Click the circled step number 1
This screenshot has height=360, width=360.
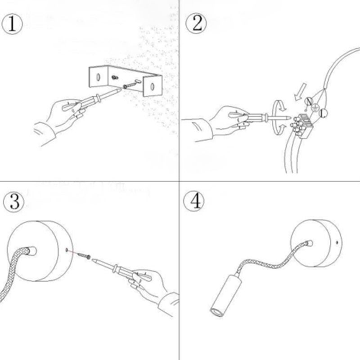click(x=12, y=24)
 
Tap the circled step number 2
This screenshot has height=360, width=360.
click(x=196, y=24)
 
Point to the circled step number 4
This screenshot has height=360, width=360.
click(x=193, y=201)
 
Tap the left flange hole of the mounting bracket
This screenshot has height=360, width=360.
click(x=98, y=77)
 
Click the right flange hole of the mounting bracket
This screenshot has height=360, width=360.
click(x=152, y=87)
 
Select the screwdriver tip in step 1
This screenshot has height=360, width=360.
click(x=120, y=90)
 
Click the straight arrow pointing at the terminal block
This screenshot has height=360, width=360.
click(x=300, y=92)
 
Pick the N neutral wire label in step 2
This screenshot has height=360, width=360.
click(x=309, y=101)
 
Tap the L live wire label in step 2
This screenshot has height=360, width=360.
click(x=323, y=113)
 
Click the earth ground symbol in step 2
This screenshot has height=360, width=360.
click(x=315, y=107)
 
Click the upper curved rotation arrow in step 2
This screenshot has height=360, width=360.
click(x=279, y=106)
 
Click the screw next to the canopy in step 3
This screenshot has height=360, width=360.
click(x=84, y=256)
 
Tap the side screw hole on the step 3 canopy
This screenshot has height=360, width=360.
click(x=67, y=250)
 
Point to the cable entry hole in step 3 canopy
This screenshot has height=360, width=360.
click(x=31, y=251)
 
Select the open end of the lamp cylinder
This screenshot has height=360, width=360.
click(x=216, y=312)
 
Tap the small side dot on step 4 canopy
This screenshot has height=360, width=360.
click(x=337, y=242)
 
